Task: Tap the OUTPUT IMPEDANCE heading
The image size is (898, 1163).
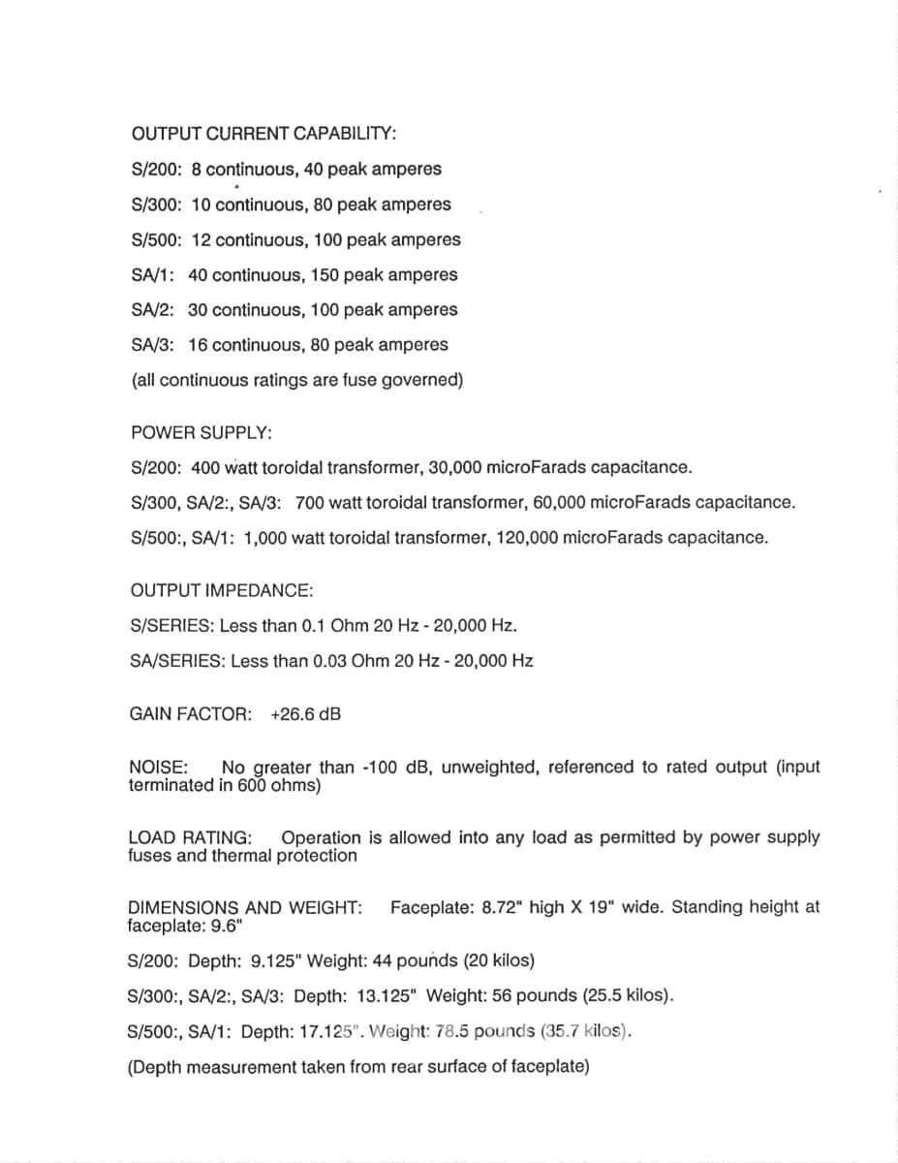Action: [x=221, y=590]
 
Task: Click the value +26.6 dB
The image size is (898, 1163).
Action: [x=305, y=714]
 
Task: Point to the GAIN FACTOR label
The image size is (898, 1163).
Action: [x=189, y=714]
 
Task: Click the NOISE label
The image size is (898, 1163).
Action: [x=157, y=767]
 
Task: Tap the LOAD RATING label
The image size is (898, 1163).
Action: [x=189, y=837]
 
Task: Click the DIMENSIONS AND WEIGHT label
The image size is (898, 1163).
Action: [x=244, y=908]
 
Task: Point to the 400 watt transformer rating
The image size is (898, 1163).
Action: [x=224, y=468]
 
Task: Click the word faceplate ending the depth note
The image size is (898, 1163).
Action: [x=552, y=1067]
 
